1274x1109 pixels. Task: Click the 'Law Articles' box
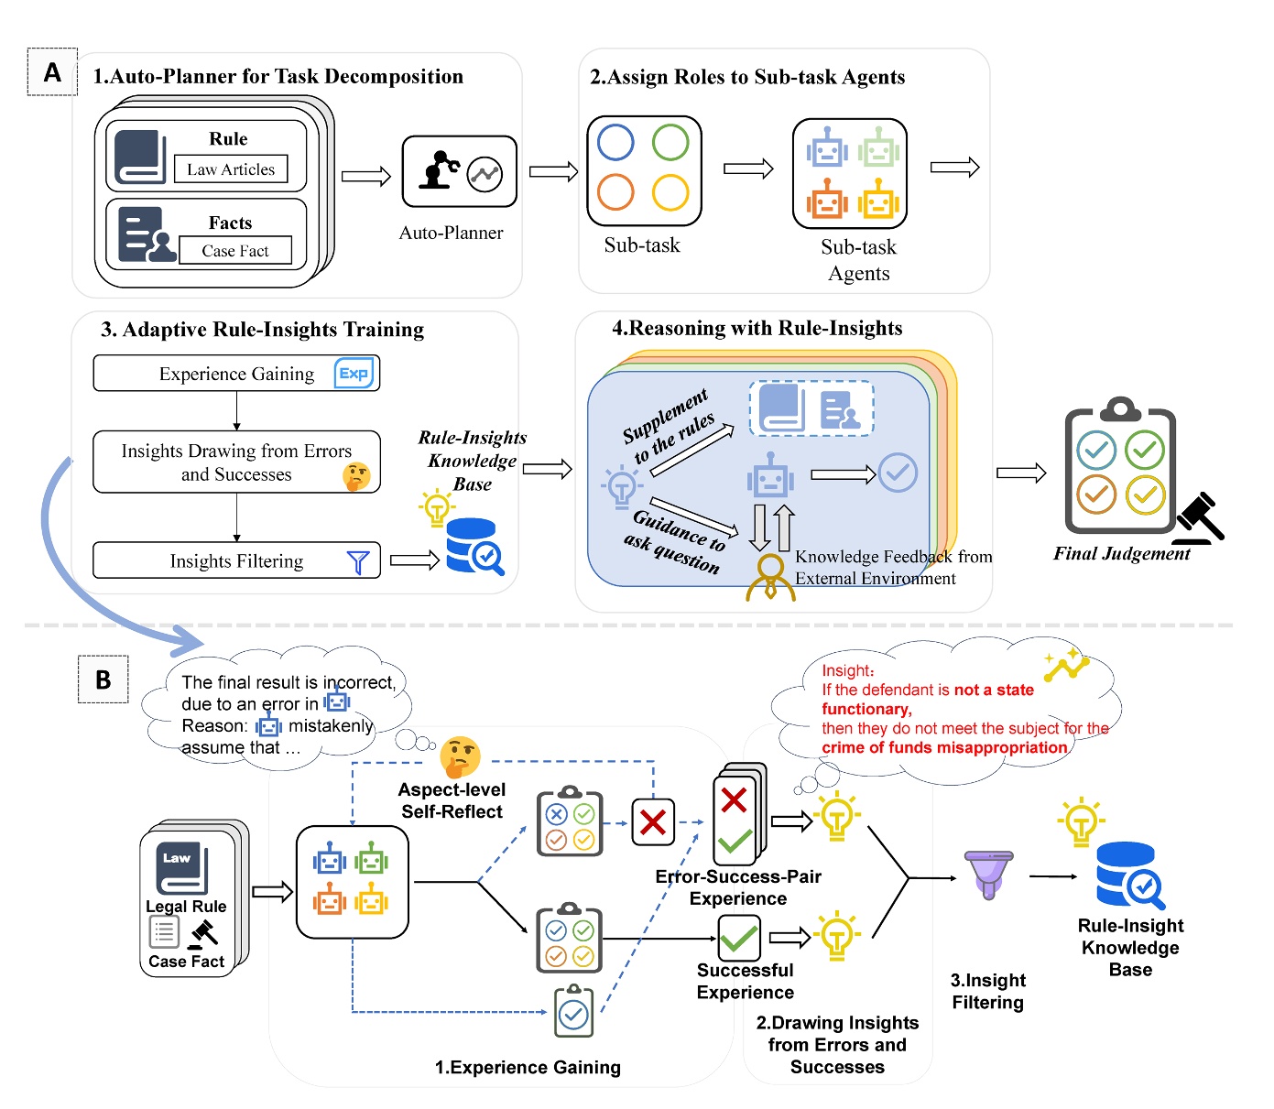click(x=231, y=169)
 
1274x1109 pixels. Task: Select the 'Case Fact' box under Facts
click(x=235, y=251)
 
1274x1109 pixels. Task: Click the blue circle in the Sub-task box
click(x=615, y=142)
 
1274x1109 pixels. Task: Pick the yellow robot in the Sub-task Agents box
click(x=878, y=198)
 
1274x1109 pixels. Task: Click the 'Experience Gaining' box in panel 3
click(x=236, y=374)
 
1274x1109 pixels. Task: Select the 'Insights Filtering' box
click(x=236, y=560)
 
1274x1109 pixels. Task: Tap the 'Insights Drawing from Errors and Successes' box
click(x=236, y=462)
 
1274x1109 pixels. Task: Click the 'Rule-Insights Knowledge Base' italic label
click(x=473, y=461)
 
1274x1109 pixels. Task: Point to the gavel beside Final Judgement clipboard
click(x=1201, y=519)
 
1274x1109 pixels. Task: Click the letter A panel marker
click(x=52, y=72)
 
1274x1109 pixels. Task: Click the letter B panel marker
click(x=103, y=680)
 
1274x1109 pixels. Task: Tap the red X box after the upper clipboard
click(x=652, y=821)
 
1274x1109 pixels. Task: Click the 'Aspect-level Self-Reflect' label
click(x=452, y=800)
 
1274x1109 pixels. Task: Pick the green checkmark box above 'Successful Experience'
click(x=738, y=937)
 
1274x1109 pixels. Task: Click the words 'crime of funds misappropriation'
click(x=944, y=747)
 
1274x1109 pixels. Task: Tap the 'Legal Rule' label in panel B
click(x=186, y=907)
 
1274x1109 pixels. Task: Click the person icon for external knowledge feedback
click(x=770, y=578)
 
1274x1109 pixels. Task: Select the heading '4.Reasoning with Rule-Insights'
click(x=757, y=328)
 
